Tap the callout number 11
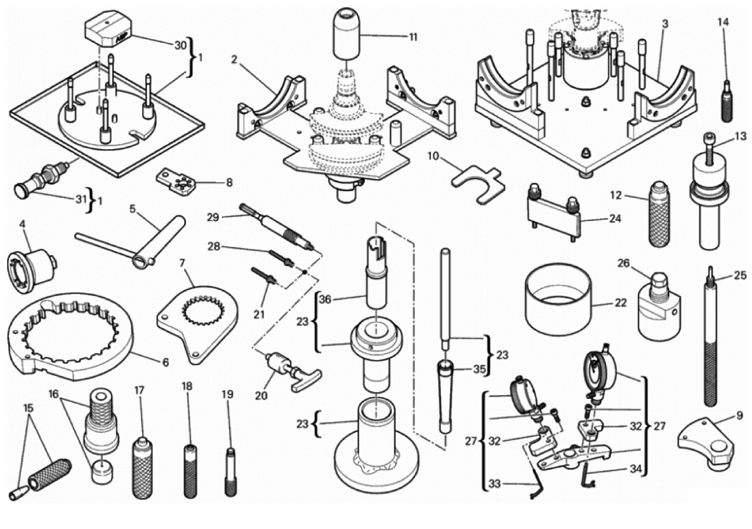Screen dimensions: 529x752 tap(413, 36)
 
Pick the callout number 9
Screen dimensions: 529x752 tap(738, 415)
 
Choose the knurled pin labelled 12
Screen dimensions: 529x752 tap(659, 214)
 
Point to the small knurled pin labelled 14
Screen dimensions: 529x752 tap(725, 99)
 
